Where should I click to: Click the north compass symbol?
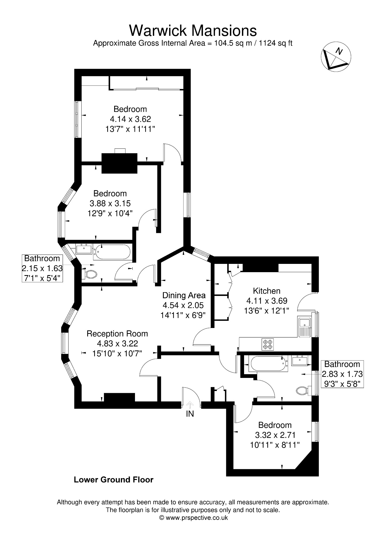(x=336, y=57)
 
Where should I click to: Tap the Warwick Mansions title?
(x=193, y=30)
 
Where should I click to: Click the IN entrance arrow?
(x=190, y=405)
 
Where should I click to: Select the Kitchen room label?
(x=266, y=291)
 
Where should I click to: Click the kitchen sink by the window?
(x=304, y=327)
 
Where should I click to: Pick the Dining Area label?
(x=184, y=295)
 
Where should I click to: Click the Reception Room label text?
(x=117, y=334)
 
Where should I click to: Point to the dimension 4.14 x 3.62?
(x=130, y=119)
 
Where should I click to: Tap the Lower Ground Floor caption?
(x=113, y=480)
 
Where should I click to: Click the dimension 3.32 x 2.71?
(x=275, y=435)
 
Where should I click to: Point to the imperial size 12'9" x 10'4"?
(x=110, y=213)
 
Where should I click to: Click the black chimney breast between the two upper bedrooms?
(x=120, y=163)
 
